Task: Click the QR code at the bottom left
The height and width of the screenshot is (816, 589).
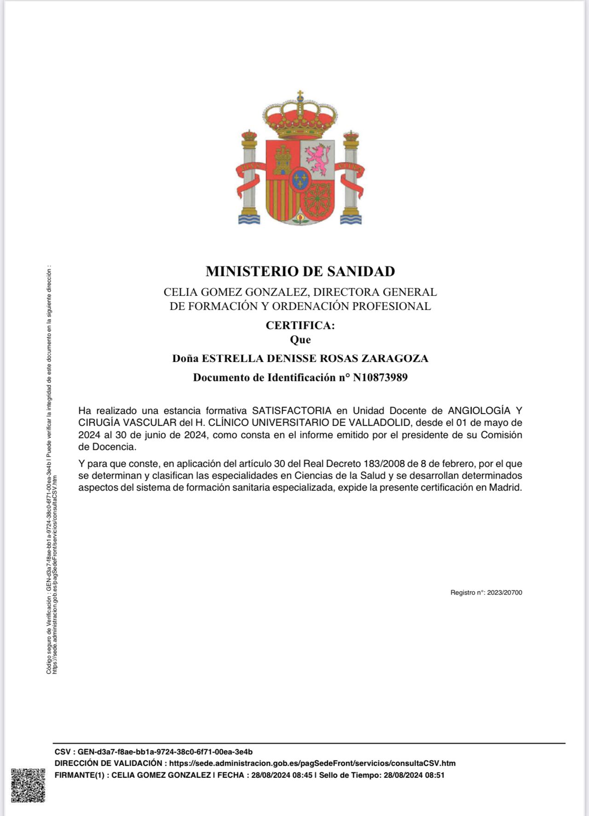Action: (x=28, y=785)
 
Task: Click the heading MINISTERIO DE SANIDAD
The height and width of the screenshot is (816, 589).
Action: (x=300, y=271)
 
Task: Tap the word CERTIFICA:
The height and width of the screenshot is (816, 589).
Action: (x=300, y=325)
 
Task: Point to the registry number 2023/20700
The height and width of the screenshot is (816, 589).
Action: (x=504, y=592)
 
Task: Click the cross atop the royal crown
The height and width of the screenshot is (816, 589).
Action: (x=300, y=95)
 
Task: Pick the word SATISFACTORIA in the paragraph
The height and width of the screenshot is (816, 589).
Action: (x=292, y=410)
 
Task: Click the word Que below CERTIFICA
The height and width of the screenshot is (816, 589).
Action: (x=300, y=340)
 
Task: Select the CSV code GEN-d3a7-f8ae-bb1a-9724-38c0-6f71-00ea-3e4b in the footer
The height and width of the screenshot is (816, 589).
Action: (x=165, y=752)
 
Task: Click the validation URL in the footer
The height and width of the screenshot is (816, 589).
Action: (x=312, y=763)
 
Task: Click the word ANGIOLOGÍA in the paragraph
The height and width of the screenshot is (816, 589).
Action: (x=479, y=410)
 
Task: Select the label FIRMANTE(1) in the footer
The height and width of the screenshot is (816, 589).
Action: (x=80, y=775)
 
